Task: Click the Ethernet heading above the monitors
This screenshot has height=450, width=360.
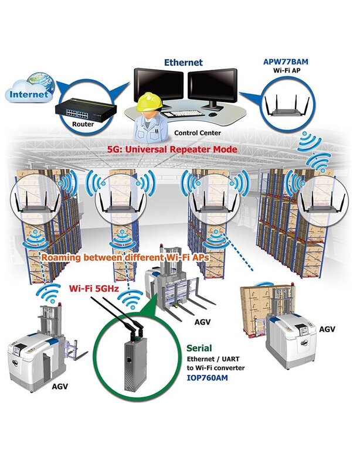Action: click(x=183, y=62)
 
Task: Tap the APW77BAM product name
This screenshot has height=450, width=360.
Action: click(x=286, y=62)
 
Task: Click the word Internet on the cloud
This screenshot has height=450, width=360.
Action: click(x=29, y=94)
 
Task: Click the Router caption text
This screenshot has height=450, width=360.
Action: click(x=83, y=124)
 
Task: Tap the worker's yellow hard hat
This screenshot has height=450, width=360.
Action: click(x=150, y=102)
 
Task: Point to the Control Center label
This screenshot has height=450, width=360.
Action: click(x=198, y=133)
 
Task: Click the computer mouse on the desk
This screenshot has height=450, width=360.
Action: click(x=213, y=114)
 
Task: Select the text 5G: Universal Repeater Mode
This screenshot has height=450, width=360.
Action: click(x=172, y=149)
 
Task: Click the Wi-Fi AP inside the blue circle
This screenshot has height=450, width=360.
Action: click(x=288, y=105)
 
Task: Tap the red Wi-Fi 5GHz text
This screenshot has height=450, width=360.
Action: click(x=94, y=288)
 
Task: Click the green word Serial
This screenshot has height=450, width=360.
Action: click(x=199, y=348)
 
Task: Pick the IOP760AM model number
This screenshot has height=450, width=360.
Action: click(x=208, y=377)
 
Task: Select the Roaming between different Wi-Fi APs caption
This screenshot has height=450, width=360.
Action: click(x=125, y=257)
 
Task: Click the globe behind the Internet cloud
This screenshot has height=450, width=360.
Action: click(x=40, y=82)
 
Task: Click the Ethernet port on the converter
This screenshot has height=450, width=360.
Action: click(x=130, y=360)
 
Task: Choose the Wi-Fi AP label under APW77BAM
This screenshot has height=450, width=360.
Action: click(x=287, y=70)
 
